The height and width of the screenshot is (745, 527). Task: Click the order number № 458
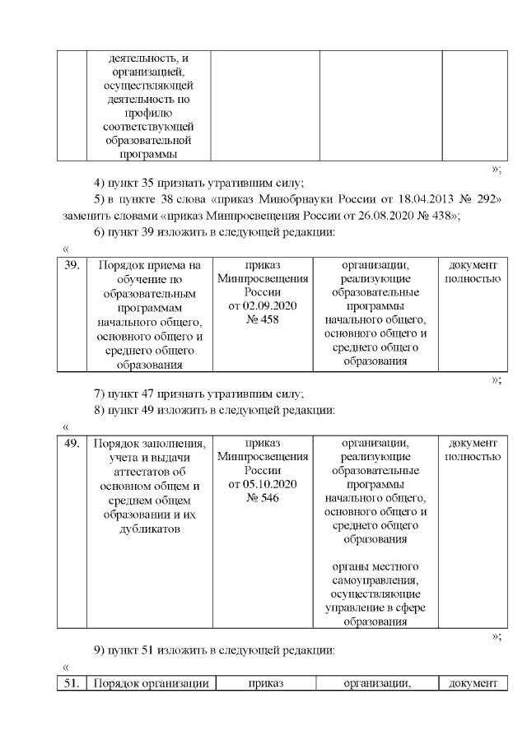point(263,319)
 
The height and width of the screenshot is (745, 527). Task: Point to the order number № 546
point(263,497)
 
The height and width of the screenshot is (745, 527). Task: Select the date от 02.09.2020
point(263,306)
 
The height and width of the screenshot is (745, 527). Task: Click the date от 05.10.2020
point(263,484)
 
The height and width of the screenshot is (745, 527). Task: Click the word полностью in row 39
point(473,279)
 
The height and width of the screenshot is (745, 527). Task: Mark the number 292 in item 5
point(487,200)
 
